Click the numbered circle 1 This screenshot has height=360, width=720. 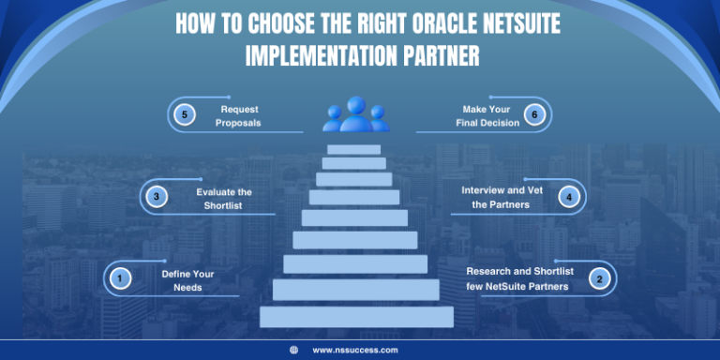pos(119,277)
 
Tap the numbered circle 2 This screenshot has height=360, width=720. pos(599,277)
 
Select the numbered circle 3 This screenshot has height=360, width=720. pos(157,197)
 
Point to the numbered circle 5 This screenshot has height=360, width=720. pos(185,115)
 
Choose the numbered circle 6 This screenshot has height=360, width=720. pos(534,115)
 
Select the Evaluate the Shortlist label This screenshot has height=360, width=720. pos(224,198)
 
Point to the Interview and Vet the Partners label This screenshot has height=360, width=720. pos(502,198)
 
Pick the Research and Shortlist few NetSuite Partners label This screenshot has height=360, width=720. pos(517,278)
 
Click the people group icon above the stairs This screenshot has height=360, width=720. pos(356,114)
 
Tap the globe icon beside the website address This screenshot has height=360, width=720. pos(294,350)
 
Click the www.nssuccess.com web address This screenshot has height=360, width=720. pos(354,350)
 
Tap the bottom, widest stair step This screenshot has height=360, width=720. pos(356,317)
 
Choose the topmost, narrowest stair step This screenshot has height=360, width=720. pos(354,149)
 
